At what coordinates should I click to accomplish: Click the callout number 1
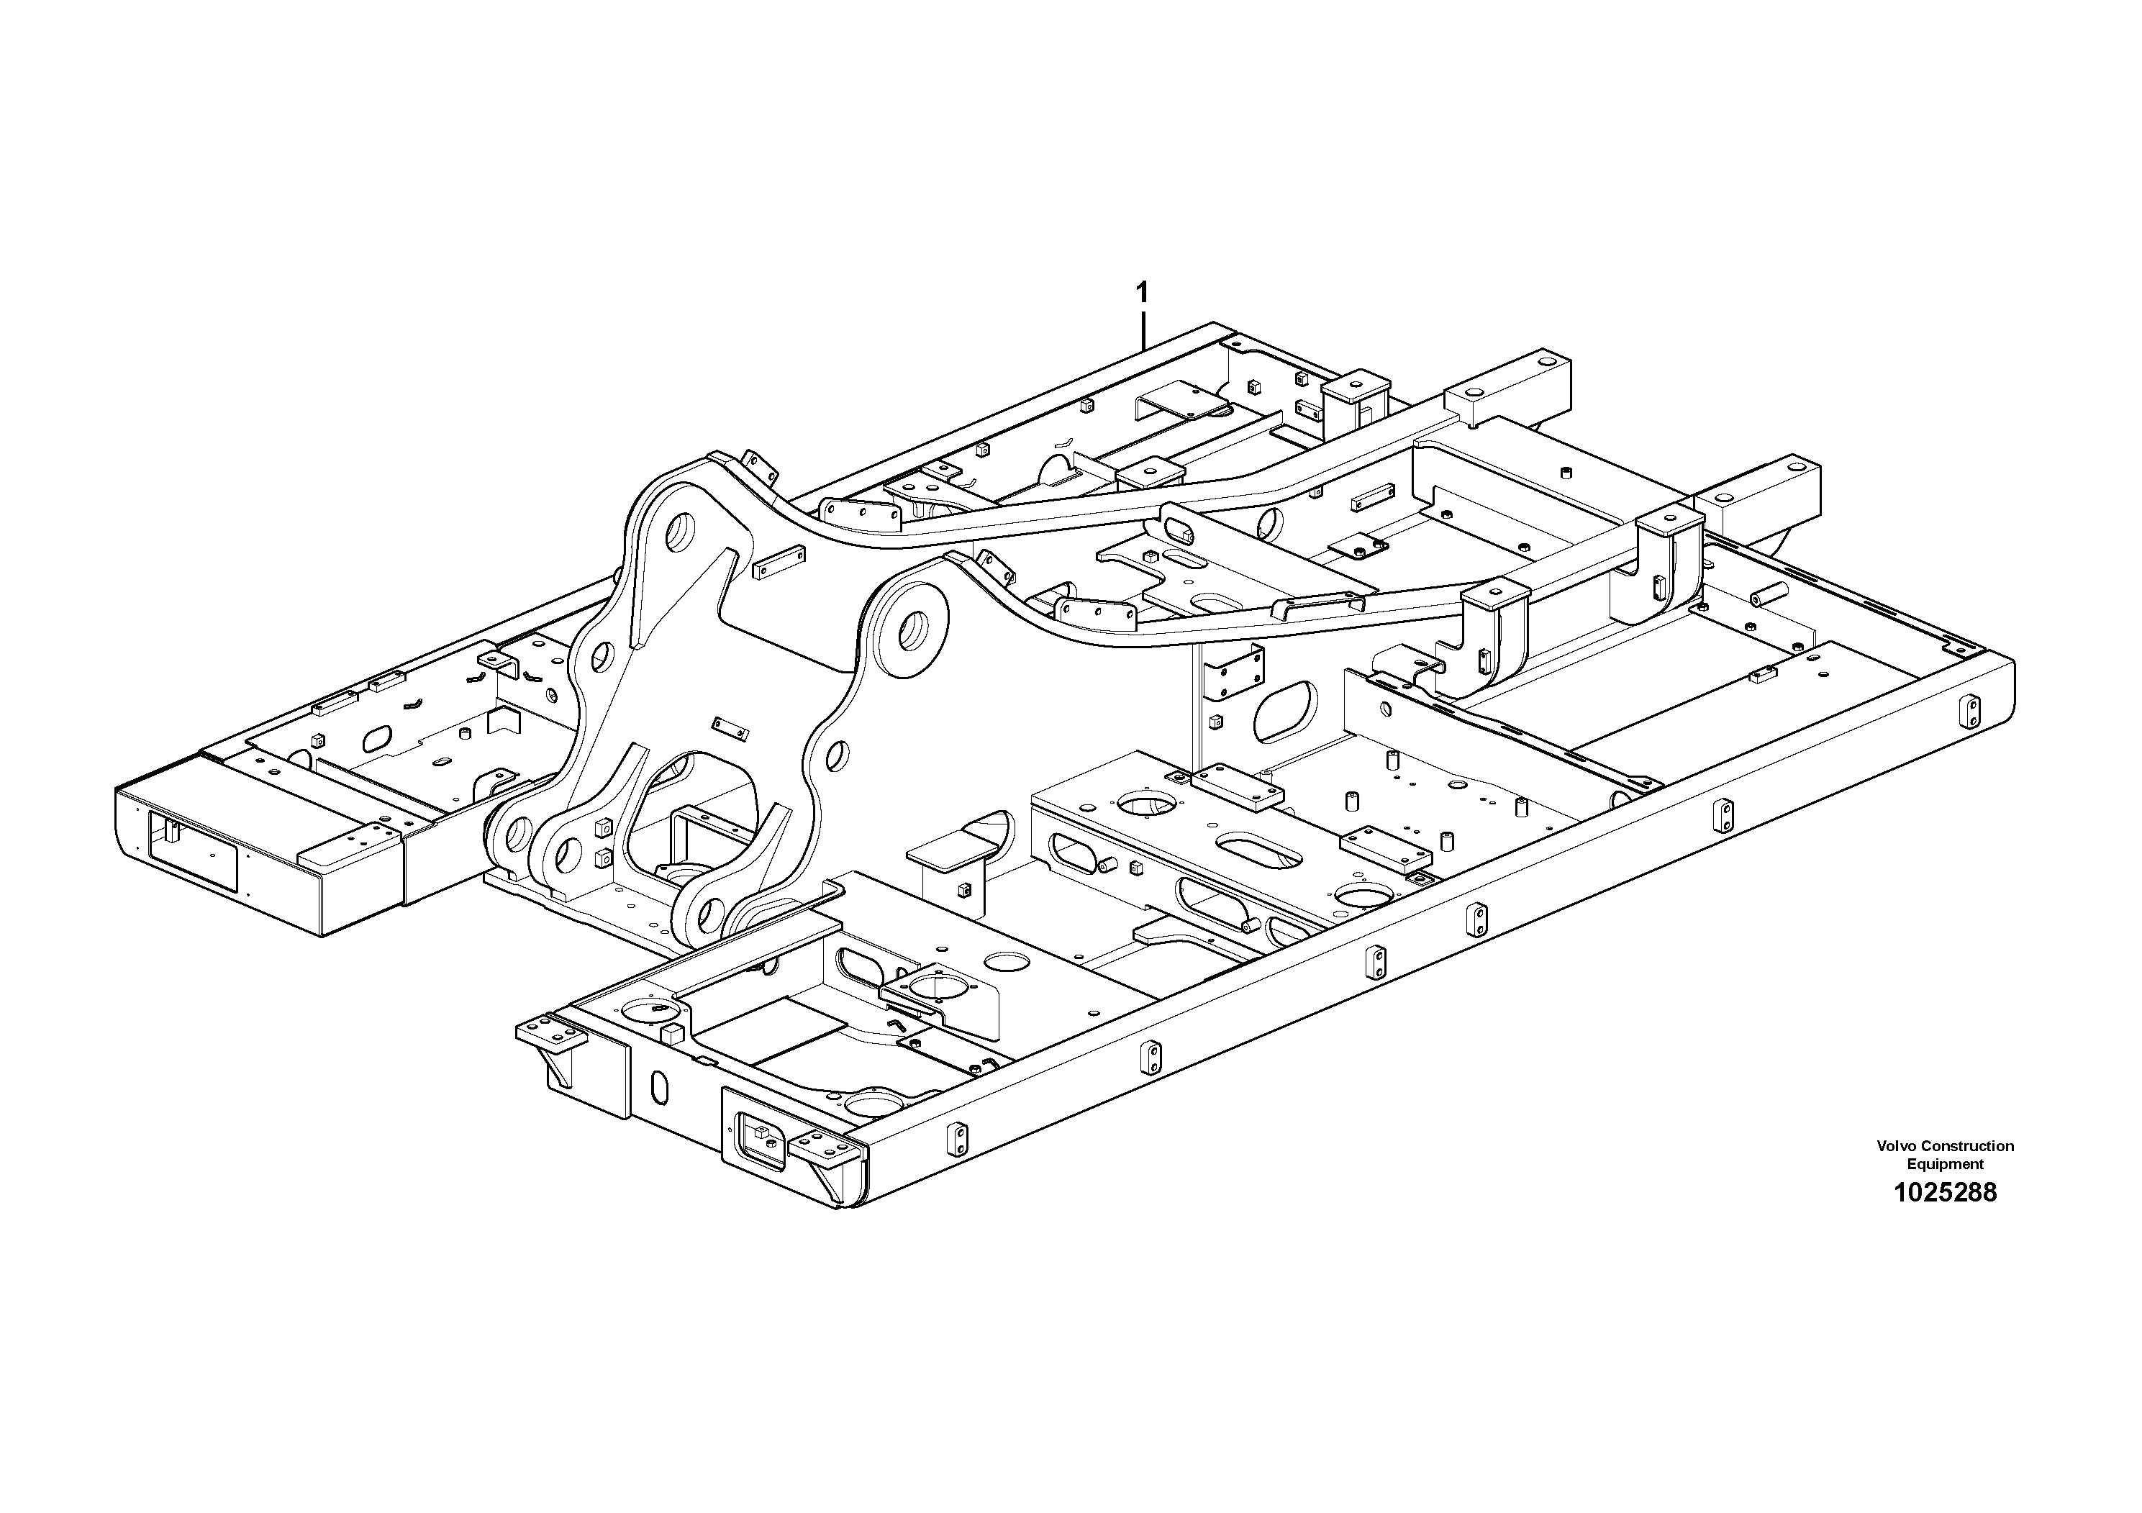(x=1142, y=293)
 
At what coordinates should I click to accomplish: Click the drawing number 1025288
(x=1945, y=1193)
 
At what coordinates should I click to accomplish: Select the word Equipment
(x=1945, y=1164)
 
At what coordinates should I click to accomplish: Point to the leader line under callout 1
(x=1143, y=330)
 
